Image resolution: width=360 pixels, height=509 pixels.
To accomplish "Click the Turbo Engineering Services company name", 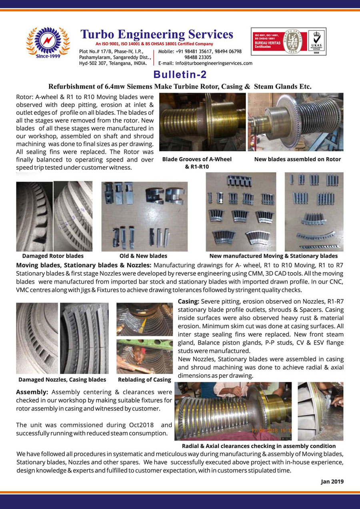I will [x=156, y=34].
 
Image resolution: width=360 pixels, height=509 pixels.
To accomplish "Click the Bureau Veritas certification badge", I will [x=288, y=42].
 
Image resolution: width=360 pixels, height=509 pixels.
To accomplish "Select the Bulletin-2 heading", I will [x=180, y=74].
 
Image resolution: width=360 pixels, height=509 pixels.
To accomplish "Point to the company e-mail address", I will [x=205, y=63].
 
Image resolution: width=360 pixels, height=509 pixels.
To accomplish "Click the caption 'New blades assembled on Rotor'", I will [x=298, y=159].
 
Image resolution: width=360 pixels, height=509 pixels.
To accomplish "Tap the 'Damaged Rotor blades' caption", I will [x=53, y=256].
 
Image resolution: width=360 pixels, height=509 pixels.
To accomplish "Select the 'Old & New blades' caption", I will [x=143, y=256].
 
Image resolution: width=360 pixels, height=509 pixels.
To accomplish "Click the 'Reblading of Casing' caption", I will [x=144, y=380].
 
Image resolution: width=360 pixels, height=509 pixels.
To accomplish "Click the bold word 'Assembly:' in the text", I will [x=32, y=392].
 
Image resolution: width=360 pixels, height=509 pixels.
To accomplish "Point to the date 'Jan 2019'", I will [x=332, y=482].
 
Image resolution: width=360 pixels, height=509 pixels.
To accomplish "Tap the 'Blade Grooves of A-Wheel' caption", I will [x=197, y=159].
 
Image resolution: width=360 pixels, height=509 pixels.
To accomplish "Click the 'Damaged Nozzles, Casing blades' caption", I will [x=62, y=380].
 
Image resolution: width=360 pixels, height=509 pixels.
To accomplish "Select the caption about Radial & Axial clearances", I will [x=259, y=446].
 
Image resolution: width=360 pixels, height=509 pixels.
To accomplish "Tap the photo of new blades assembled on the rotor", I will [x=295, y=122].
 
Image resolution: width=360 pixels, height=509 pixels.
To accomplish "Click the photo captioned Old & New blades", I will [x=144, y=216].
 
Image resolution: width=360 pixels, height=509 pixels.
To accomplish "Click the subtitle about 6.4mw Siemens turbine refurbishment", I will [x=180, y=86].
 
